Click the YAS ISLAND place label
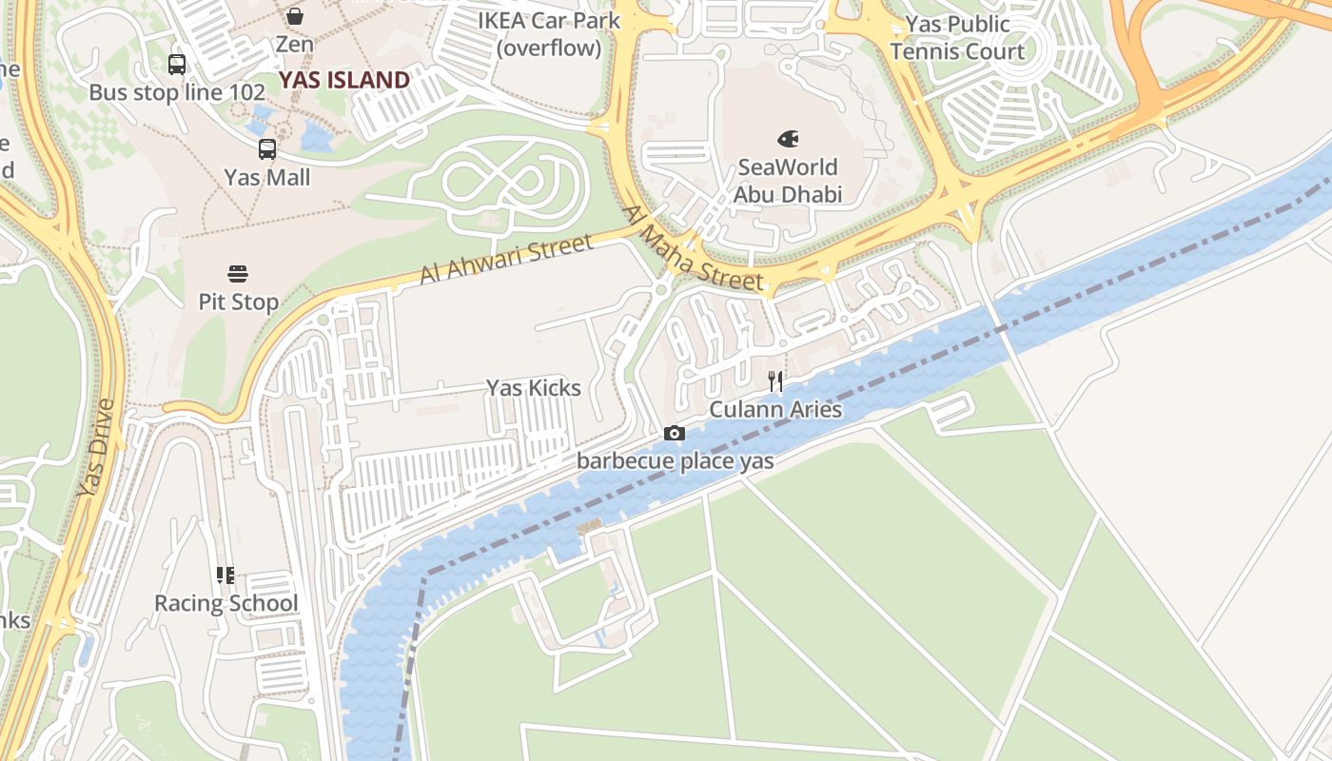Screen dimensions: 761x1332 (x=343, y=80)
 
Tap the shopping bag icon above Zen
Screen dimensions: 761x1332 (x=295, y=16)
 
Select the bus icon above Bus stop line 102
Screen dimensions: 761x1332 (x=177, y=65)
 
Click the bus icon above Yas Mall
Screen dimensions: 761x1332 (x=267, y=149)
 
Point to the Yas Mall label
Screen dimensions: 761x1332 (x=267, y=178)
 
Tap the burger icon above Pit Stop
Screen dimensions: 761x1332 (x=238, y=275)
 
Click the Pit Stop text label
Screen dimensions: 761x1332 (x=238, y=302)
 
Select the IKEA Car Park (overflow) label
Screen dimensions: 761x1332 (x=549, y=34)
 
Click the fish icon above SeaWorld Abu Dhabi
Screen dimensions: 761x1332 (x=788, y=140)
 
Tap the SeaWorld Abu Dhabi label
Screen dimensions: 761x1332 (x=788, y=181)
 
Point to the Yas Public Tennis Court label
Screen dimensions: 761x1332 (x=957, y=38)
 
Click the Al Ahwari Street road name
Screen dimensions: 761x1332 (x=506, y=259)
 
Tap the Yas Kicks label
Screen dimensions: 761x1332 (x=534, y=388)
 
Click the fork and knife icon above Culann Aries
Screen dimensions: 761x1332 (x=775, y=381)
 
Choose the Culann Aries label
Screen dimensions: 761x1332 (x=775, y=410)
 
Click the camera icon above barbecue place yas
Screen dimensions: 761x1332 (x=674, y=434)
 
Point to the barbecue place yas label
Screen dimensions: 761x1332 (x=676, y=461)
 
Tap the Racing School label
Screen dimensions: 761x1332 (x=225, y=604)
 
